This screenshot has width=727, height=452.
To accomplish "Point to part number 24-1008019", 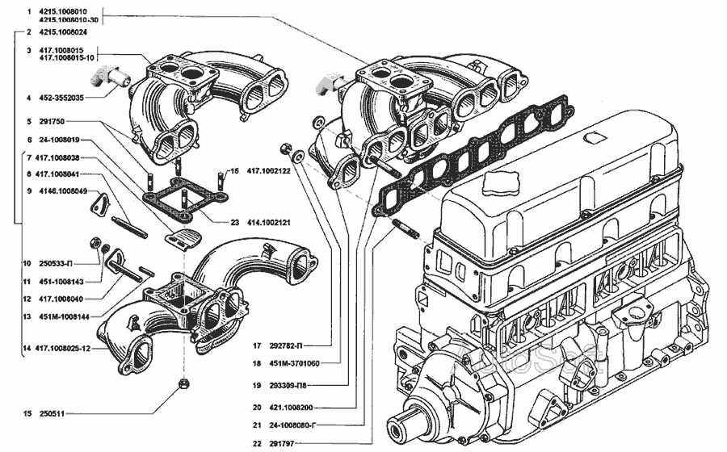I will pyautogui.click(x=57, y=140).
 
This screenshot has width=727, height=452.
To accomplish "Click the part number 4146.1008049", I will pyautogui.click(x=62, y=191).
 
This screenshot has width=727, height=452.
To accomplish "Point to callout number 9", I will pyautogui.click(x=29, y=191).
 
